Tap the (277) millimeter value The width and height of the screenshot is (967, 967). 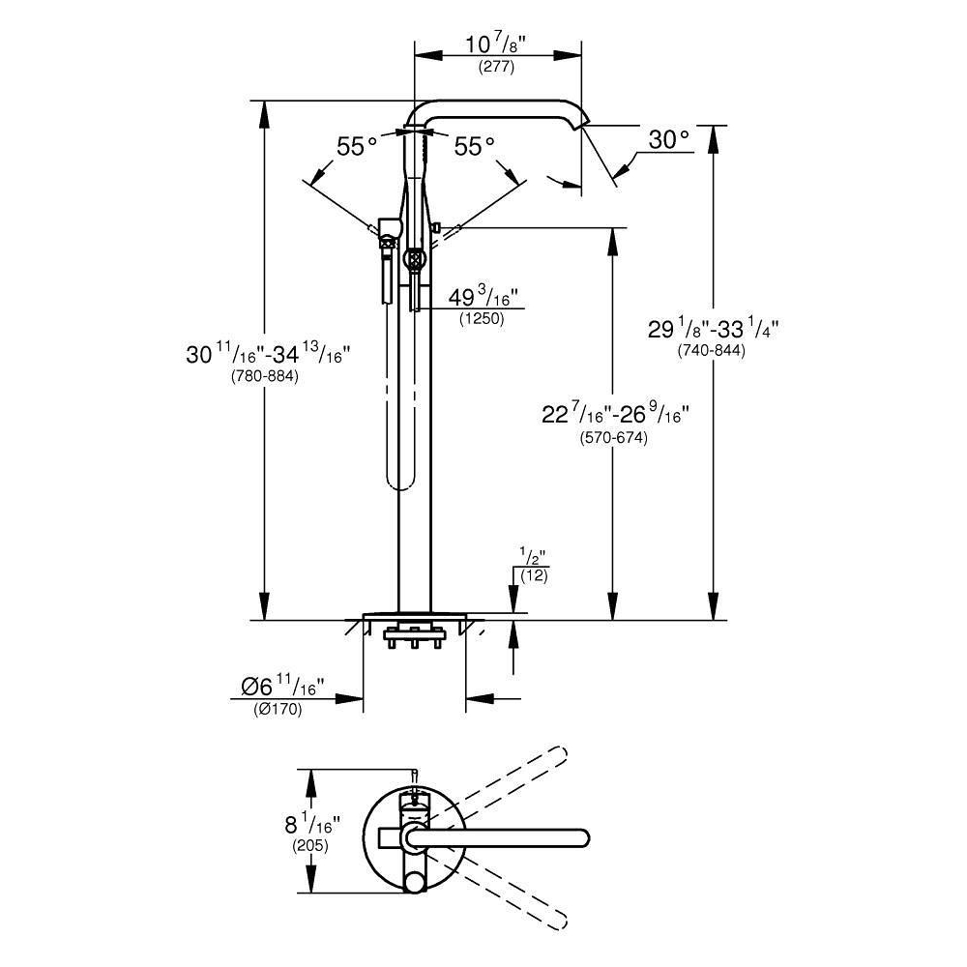point(496,68)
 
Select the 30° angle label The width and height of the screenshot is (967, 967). point(669,140)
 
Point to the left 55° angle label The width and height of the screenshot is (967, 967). point(357,146)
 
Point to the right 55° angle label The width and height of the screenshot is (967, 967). point(474,146)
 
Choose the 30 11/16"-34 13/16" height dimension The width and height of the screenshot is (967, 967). point(267,354)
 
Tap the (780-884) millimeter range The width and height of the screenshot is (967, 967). point(265,376)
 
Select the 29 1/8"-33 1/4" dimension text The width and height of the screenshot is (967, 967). point(714,329)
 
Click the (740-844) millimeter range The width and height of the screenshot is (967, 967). point(712,351)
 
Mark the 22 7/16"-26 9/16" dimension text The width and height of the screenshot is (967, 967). point(615,416)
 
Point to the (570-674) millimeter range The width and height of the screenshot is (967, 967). point(613,438)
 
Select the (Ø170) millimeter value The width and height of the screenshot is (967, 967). point(278,710)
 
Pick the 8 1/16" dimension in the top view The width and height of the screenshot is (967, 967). point(309,824)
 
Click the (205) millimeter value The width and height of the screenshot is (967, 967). point(310,845)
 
